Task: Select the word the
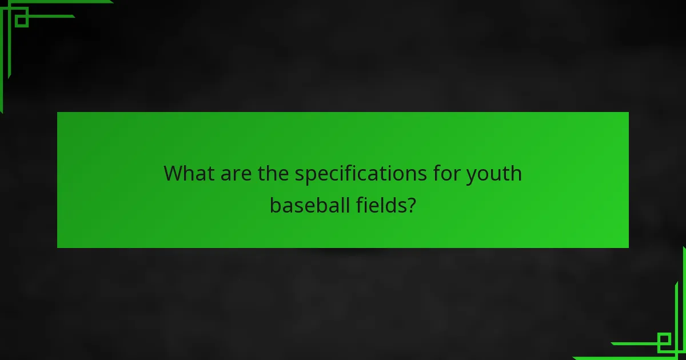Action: click(274, 173)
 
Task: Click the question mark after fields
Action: click(411, 205)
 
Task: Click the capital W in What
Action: click(174, 173)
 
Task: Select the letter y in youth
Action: click(472, 175)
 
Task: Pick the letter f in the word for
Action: click(436, 173)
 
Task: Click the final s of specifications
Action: click(423, 174)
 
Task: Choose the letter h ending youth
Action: click(516, 173)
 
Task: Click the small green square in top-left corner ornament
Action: click(22, 21)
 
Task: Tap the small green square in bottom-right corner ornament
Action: click(664, 342)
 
